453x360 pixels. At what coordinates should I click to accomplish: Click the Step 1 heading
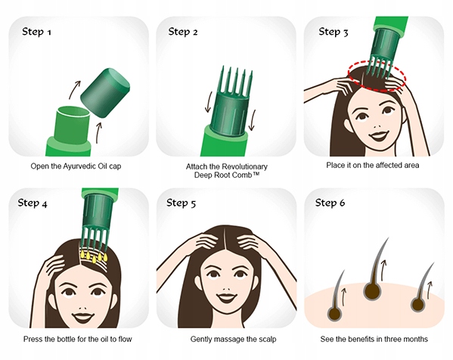click(x=37, y=32)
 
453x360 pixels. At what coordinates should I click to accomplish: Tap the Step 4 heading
click(x=33, y=203)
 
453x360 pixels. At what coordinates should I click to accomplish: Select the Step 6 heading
click(x=330, y=203)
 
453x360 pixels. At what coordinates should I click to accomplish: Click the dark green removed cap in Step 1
click(x=104, y=93)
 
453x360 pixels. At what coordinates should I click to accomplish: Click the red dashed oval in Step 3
click(x=377, y=76)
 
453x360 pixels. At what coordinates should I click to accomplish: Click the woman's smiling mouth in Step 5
click(x=226, y=297)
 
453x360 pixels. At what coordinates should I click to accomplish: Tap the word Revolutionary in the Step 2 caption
click(x=247, y=166)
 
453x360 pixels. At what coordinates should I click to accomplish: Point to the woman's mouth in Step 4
click(x=82, y=317)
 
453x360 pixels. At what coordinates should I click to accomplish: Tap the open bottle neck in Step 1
click(x=73, y=124)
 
